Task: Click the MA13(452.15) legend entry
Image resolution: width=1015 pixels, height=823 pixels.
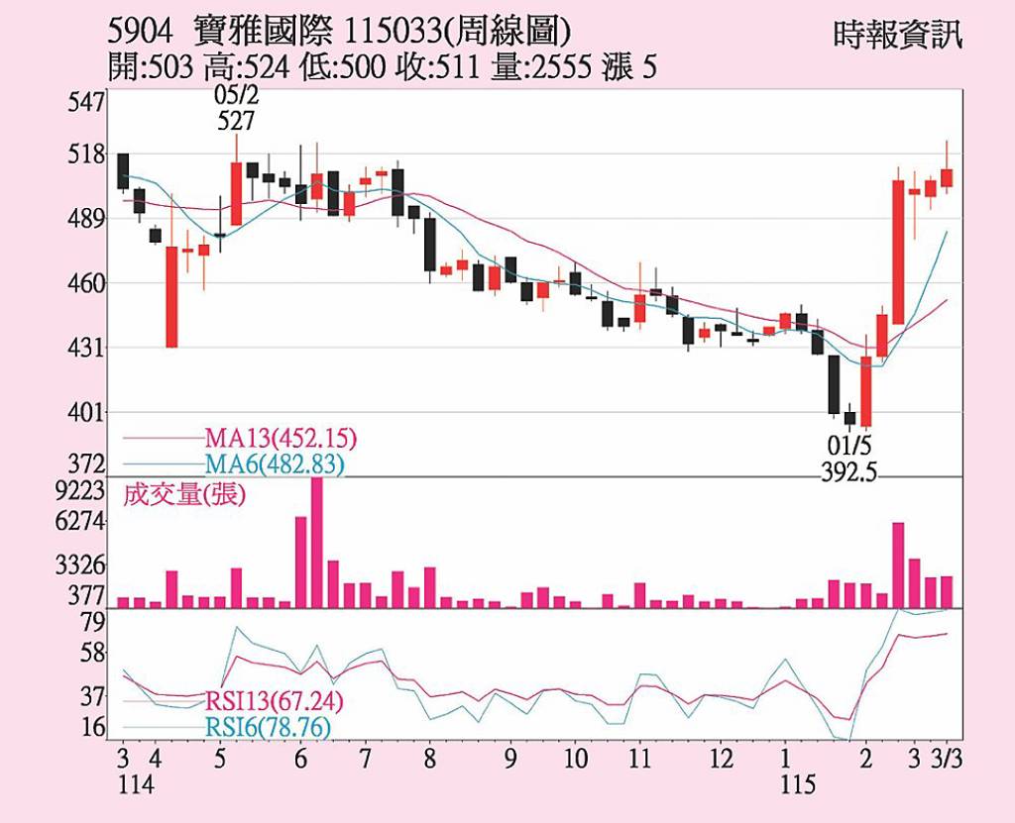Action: [281, 438]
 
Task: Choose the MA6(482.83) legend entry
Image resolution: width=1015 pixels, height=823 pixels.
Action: [275, 463]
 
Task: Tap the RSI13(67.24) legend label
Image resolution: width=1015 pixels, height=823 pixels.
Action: [275, 701]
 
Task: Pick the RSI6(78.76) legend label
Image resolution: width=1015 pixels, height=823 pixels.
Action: [268, 728]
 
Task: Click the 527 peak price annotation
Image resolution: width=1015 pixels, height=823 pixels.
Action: [235, 121]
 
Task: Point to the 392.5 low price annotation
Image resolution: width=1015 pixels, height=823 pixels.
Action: [849, 472]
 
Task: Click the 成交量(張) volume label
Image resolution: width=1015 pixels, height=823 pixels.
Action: [182, 494]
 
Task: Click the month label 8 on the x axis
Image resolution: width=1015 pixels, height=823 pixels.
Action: [429, 759]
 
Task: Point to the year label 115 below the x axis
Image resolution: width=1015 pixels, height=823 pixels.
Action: [797, 785]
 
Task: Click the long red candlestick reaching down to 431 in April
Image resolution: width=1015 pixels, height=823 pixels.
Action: [171, 296]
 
